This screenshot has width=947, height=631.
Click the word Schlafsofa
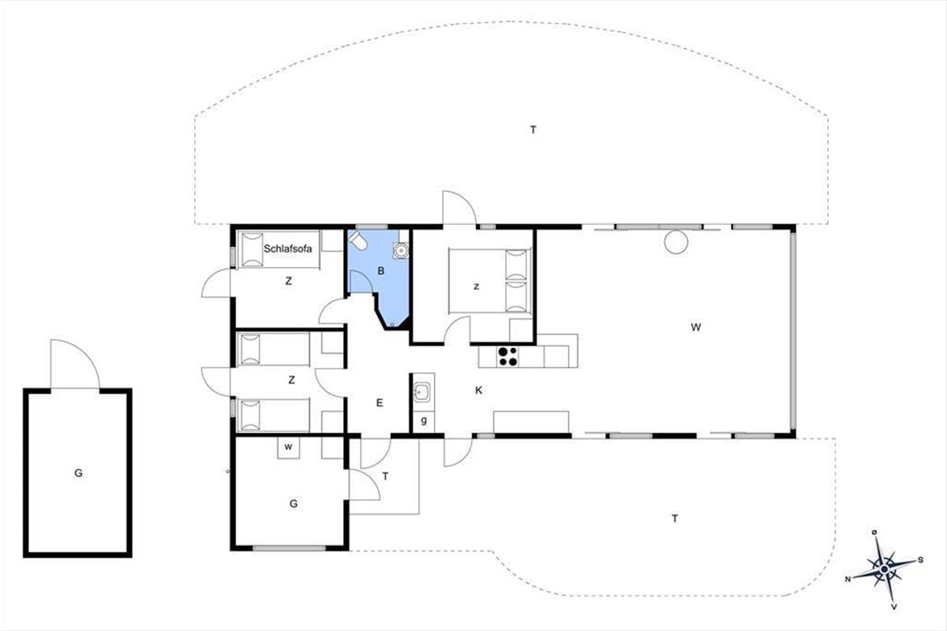(x=287, y=248)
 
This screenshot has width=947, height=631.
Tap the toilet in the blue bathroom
(x=357, y=240)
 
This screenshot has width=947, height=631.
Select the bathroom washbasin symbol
(x=400, y=251)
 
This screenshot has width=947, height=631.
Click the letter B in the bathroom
(x=381, y=271)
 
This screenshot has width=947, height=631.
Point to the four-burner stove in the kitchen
(x=507, y=357)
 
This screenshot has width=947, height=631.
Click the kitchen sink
(x=422, y=392)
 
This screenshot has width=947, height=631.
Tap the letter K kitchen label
(x=478, y=390)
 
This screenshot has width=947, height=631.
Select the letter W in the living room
(x=695, y=327)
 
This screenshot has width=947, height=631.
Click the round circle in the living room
(x=676, y=241)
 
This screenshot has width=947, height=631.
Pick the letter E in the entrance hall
(x=380, y=403)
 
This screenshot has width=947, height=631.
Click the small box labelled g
(x=424, y=421)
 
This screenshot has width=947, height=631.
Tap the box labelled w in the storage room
(x=288, y=447)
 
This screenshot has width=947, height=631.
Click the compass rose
(x=885, y=569)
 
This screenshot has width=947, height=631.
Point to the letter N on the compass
(x=848, y=579)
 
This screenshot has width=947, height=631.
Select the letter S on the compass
(x=920, y=560)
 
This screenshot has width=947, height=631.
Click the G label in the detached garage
(x=78, y=473)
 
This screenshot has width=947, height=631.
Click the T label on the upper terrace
(x=533, y=130)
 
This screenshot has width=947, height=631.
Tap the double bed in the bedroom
(x=489, y=281)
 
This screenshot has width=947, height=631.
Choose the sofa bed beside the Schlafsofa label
(x=279, y=250)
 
